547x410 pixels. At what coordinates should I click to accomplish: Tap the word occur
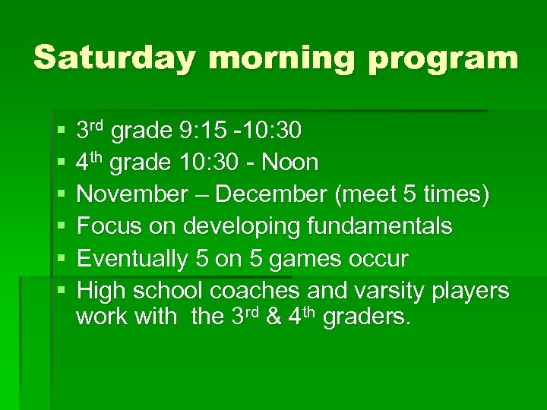click(x=379, y=259)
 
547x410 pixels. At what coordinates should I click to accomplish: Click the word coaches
click(x=255, y=291)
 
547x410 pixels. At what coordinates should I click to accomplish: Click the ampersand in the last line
click(x=274, y=317)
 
